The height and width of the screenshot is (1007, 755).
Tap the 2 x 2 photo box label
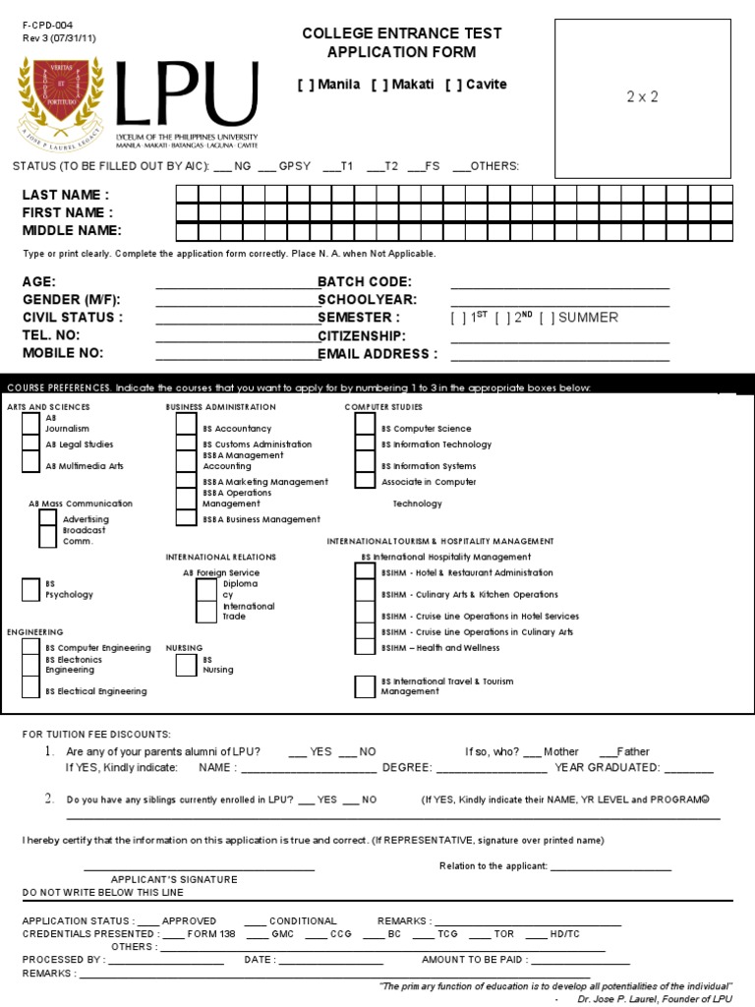pos(642,96)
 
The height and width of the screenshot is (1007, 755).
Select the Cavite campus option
pos(453,85)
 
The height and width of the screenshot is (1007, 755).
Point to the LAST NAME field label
pos(65,195)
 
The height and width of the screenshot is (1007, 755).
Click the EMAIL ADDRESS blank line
pos(559,354)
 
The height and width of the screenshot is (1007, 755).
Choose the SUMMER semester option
pos(547,318)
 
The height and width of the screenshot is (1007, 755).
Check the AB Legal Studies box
pos(30,444)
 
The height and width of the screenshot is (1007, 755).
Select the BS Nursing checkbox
pos(186,665)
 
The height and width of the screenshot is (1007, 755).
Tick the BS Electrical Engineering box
pos(30,687)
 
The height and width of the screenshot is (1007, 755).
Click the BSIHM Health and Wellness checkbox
pos(365,646)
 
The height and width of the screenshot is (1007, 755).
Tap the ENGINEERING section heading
pos(35,631)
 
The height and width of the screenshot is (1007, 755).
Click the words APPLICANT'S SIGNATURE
pos(173,879)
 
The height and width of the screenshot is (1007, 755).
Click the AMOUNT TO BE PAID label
pos(474,959)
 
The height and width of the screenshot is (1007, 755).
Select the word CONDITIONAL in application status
pos(302,920)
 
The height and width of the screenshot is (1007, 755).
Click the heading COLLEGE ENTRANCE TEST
pos(401,33)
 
